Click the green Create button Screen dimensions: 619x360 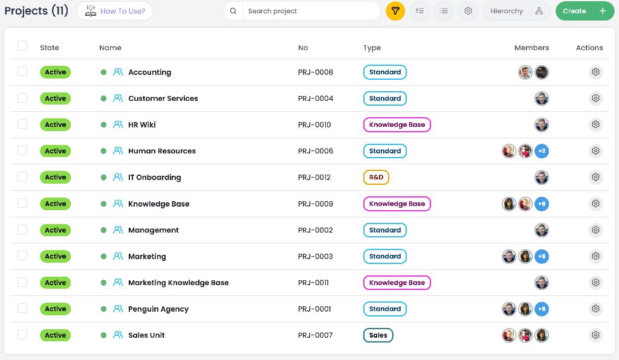coord(585,11)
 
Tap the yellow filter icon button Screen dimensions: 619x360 coord(395,11)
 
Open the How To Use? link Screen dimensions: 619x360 coord(115,11)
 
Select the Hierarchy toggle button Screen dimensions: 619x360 coord(516,11)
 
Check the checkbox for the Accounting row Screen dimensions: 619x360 coord(22,71)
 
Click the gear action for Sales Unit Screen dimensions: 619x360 coord(595,335)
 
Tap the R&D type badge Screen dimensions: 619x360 coord(376,178)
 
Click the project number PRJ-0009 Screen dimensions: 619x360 coord(316,204)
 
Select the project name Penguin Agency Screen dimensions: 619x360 coord(158,309)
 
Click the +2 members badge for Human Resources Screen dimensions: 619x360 coord(542,151)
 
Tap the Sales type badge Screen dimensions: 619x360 coord(378,335)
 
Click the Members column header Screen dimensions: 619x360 coord(531,48)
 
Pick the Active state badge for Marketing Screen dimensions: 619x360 coord(55,256)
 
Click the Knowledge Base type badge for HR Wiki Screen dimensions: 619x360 coord(397,124)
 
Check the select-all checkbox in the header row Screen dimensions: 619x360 coord(22,45)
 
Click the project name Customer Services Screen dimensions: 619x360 coord(163,98)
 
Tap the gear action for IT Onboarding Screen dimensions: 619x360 coord(595,178)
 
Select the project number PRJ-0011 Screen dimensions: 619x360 coord(314,283)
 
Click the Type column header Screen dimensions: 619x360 coord(372,48)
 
